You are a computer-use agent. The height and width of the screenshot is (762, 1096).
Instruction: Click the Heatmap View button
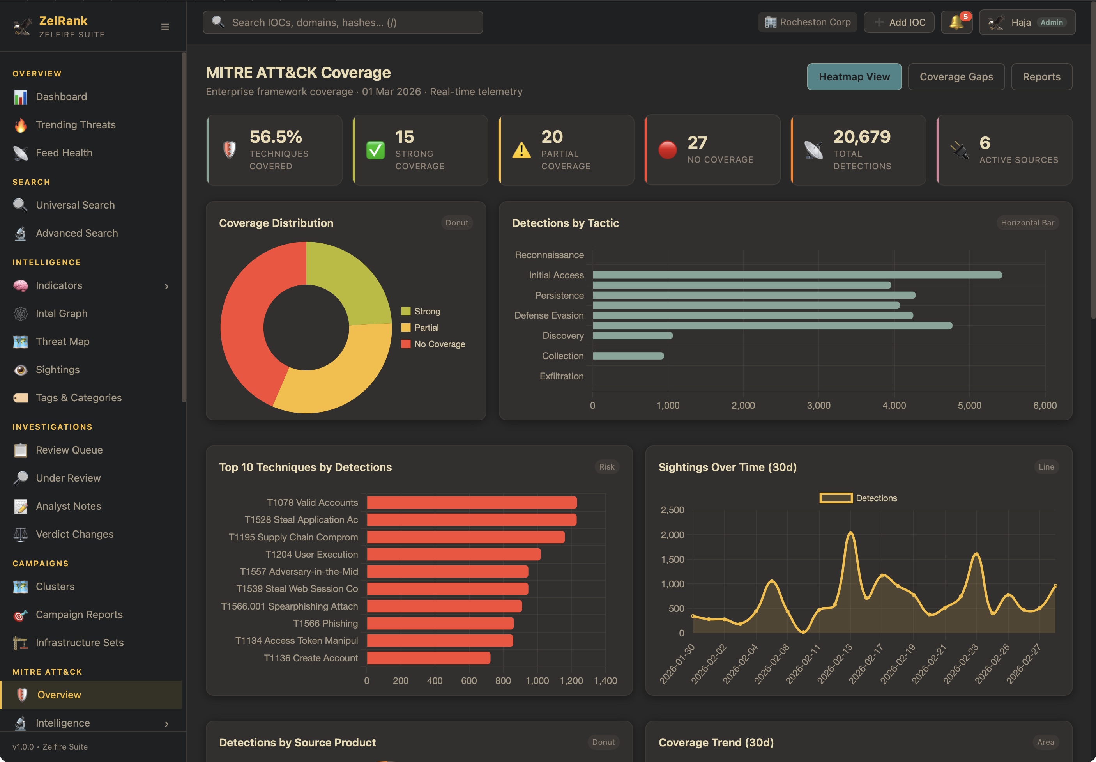pyautogui.click(x=854, y=77)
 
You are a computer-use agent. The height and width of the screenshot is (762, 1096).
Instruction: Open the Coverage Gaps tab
pyautogui.click(x=956, y=77)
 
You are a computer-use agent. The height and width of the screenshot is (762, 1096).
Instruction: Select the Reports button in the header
pyautogui.click(x=1041, y=77)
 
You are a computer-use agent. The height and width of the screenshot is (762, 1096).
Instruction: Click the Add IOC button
pyautogui.click(x=898, y=23)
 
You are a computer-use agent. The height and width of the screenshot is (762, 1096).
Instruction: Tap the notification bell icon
pyautogui.click(x=956, y=23)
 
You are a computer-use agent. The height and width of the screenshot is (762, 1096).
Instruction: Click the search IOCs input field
pyautogui.click(x=343, y=23)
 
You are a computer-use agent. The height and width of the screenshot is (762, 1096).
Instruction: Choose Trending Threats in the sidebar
pyautogui.click(x=75, y=125)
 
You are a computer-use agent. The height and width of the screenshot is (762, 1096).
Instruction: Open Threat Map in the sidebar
pyautogui.click(x=62, y=341)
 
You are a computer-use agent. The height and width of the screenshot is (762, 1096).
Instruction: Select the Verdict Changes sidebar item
pyautogui.click(x=74, y=534)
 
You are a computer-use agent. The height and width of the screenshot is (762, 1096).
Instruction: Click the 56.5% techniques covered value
pyautogui.click(x=276, y=137)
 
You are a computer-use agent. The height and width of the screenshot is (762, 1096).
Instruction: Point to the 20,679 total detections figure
pyautogui.click(x=862, y=137)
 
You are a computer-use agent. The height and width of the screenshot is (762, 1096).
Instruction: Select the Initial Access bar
pyautogui.click(x=797, y=275)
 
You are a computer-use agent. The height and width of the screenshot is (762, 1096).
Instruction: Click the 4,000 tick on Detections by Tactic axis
pyautogui.click(x=894, y=405)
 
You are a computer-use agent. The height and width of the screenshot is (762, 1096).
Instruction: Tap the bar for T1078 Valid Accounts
pyautogui.click(x=472, y=502)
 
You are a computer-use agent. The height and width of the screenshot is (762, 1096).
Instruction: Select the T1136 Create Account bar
pyautogui.click(x=428, y=658)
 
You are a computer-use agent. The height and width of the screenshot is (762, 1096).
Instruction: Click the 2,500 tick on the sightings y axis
pyautogui.click(x=672, y=510)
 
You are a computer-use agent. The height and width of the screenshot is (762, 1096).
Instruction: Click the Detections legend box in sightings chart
pyautogui.click(x=836, y=498)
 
